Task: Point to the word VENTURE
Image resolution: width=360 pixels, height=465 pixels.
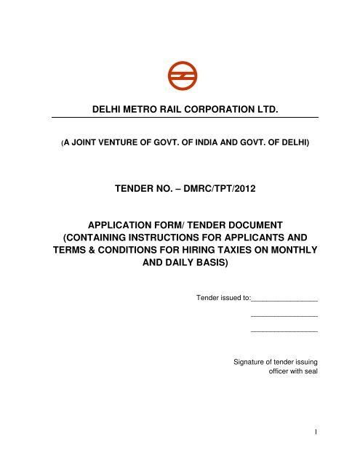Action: tap(111, 144)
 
